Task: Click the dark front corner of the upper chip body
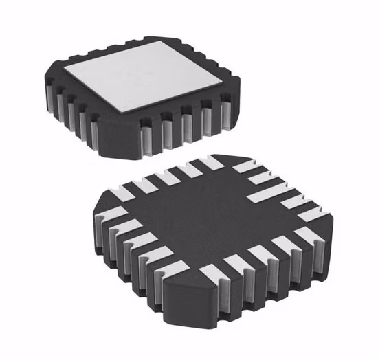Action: pos(120,141)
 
